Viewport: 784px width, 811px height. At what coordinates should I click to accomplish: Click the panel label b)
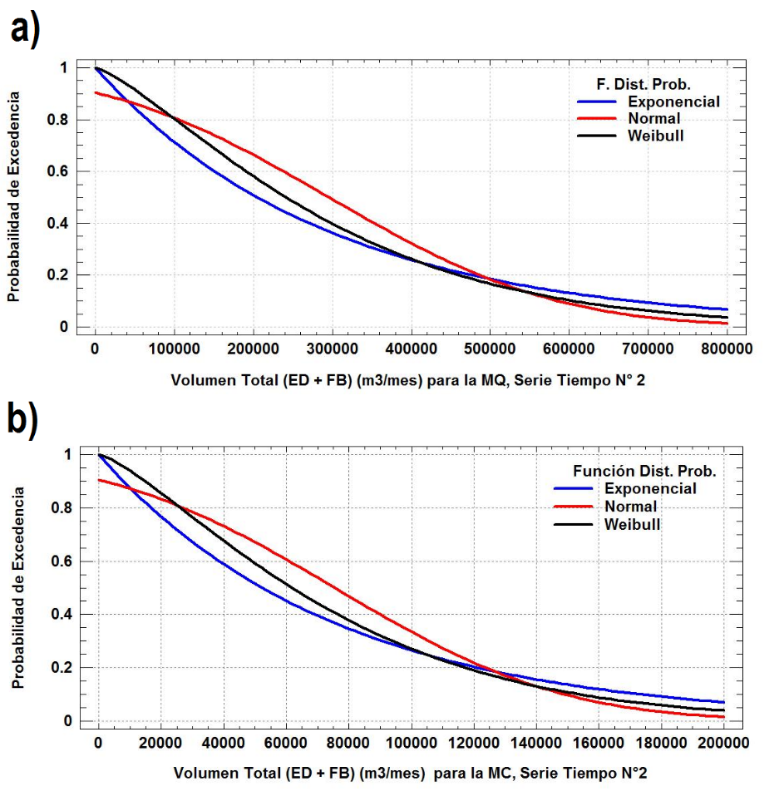pyautogui.click(x=24, y=421)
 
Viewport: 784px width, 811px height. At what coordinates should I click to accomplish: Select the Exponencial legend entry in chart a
pyautogui.click(x=673, y=101)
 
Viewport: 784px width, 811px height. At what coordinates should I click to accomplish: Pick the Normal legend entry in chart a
pyautogui.click(x=655, y=118)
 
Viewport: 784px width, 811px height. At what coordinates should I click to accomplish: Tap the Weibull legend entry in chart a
pyautogui.click(x=656, y=135)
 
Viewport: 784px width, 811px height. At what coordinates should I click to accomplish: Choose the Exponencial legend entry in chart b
pyautogui.click(x=650, y=488)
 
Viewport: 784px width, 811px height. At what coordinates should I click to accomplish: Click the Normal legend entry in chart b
pyautogui.click(x=631, y=506)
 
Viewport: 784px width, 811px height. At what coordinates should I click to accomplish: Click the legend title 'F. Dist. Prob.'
pyautogui.click(x=644, y=84)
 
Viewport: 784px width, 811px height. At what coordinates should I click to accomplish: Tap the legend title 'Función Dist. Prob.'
pyautogui.click(x=644, y=471)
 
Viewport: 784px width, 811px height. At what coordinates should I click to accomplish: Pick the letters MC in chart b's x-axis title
pyautogui.click(x=500, y=773)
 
